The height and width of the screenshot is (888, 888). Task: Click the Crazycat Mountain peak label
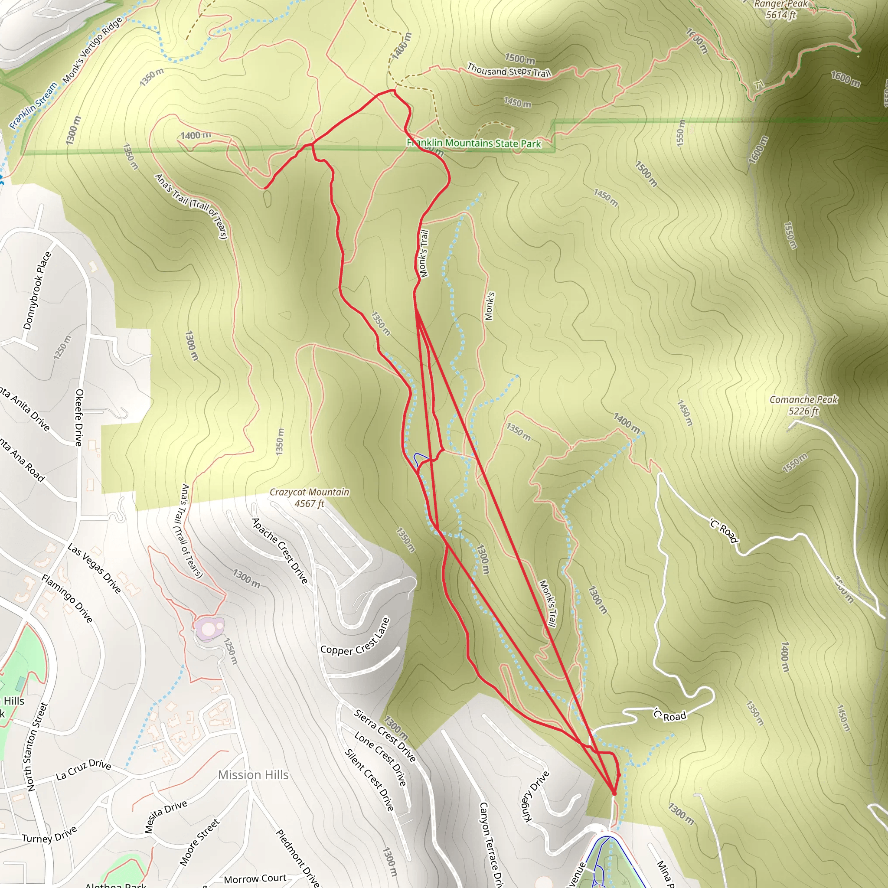[x=309, y=497]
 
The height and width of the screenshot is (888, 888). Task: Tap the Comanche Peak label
[x=803, y=405]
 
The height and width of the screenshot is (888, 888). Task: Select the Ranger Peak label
[x=781, y=9]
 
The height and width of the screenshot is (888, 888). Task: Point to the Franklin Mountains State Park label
[x=474, y=143]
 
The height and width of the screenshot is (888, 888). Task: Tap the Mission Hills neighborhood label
[x=253, y=774]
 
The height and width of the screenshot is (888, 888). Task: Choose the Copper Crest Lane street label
[x=355, y=637]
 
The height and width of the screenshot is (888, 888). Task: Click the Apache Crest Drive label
[x=280, y=551]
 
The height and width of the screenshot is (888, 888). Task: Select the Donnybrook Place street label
[x=37, y=291]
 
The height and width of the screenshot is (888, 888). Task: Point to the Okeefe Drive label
[x=79, y=418]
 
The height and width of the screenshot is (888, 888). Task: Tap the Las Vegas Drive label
[x=94, y=568]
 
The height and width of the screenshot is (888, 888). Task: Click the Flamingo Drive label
[x=67, y=598]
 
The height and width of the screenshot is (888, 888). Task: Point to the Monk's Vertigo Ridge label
[x=92, y=50]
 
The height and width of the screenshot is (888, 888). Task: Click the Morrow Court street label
[x=255, y=878]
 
